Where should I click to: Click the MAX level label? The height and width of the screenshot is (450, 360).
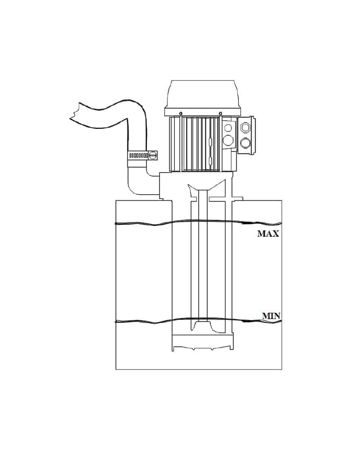268,234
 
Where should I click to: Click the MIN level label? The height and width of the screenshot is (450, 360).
271,316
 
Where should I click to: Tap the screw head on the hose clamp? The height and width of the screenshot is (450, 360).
153,155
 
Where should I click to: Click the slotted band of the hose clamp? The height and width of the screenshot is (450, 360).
138,155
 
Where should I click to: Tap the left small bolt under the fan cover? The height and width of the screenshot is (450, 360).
181,113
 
